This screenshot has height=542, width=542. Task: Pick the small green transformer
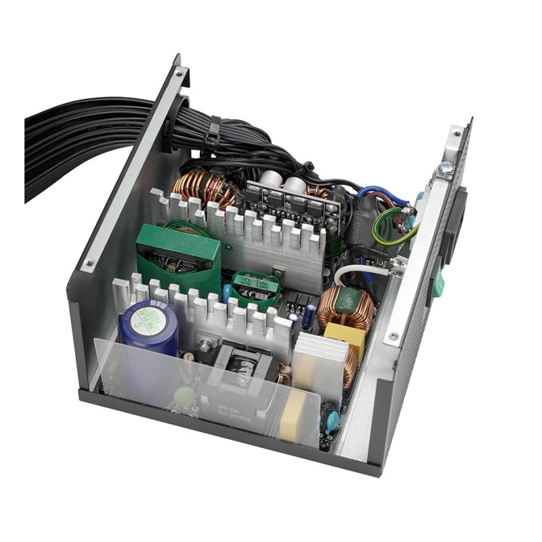256,287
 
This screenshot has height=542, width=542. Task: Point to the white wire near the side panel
359,271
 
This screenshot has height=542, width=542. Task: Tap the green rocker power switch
438,282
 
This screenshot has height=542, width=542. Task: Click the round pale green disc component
184,396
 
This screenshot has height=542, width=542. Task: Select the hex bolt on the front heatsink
203,346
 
